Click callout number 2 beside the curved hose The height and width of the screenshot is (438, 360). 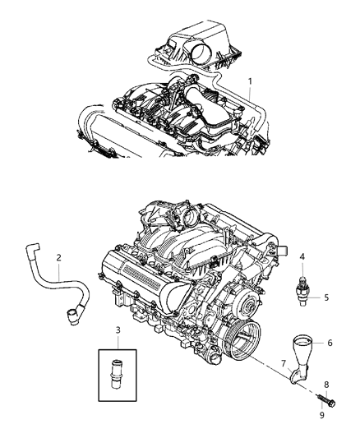click(58, 258)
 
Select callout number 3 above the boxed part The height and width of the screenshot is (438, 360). click(118, 330)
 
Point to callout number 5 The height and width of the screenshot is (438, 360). click(325, 297)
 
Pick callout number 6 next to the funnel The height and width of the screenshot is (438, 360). click(330, 343)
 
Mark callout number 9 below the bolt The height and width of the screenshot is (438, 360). click(323, 415)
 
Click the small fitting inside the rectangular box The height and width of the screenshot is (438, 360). click(118, 375)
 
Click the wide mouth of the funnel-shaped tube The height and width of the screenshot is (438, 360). click(301, 339)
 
